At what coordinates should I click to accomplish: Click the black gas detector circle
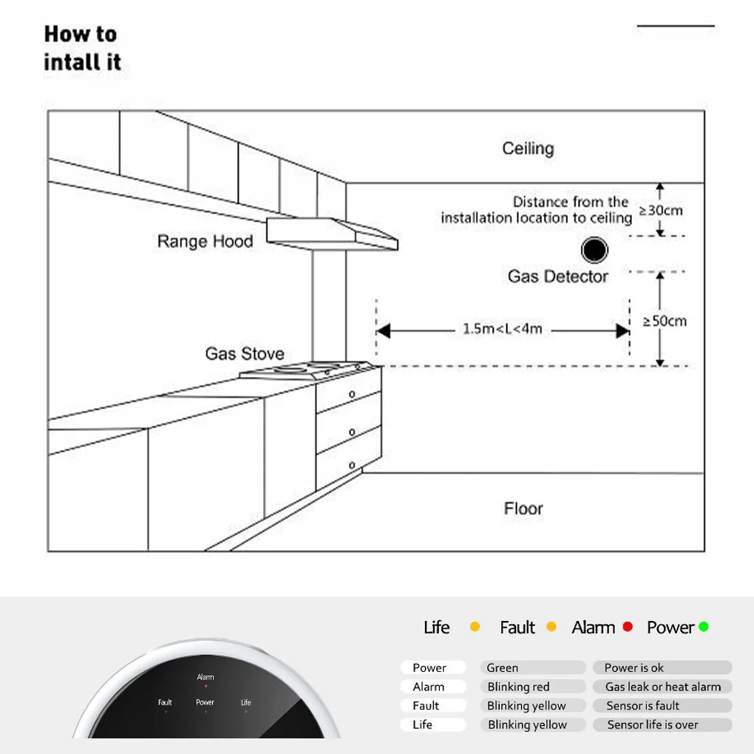pyautogui.click(x=594, y=251)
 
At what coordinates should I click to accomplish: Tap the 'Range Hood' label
pyautogui.click(x=205, y=241)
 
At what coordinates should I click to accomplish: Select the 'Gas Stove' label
pyautogui.click(x=244, y=354)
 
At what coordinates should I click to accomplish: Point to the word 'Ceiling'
pyautogui.click(x=528, y=149)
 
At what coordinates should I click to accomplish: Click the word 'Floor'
pyautogui.click(x=523, y=509)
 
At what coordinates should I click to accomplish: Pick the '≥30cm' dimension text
pyautogui.click(x=661, y=210)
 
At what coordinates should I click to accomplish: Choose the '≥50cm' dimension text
pyautogui.click(x=665, y=321)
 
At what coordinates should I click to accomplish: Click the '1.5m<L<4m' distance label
pyautogui.click(x=503, y=329)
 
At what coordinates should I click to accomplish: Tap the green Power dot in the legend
pyautogui.click(x=704, y=627)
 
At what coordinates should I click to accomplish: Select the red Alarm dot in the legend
pyautogui.click(x=628, y=627)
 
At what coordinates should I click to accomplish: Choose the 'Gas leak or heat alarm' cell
pyautogui.click(x=662, y=687)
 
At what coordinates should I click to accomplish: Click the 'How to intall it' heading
pyautogui.click(x=82, y=48)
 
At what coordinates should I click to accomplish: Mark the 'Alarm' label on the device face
pyautogui.click(x=206, y=677)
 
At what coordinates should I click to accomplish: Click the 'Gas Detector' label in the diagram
pyautogui.click(x=557, y=276)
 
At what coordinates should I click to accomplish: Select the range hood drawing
pyautogui.click(x=333, y=233)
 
